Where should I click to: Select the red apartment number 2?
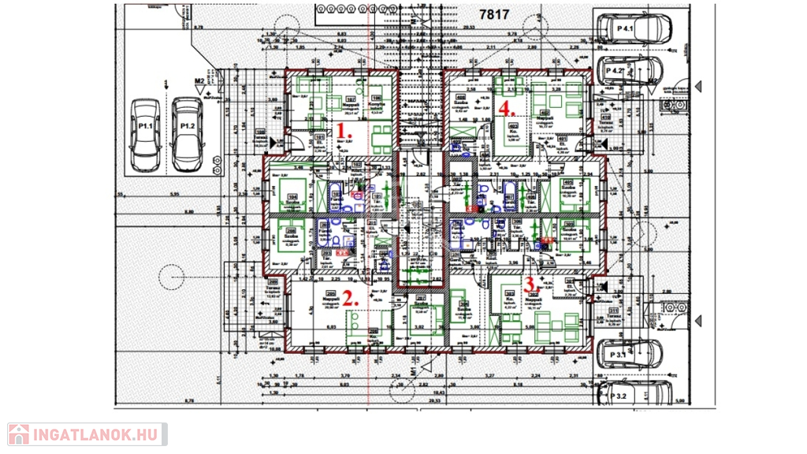point(348,298)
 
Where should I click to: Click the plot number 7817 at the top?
point(495,14)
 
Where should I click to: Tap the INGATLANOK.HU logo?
point(87,434)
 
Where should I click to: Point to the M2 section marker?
point(200,80)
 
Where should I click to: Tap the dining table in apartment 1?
point(381,134)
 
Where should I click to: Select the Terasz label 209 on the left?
point(273,293)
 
